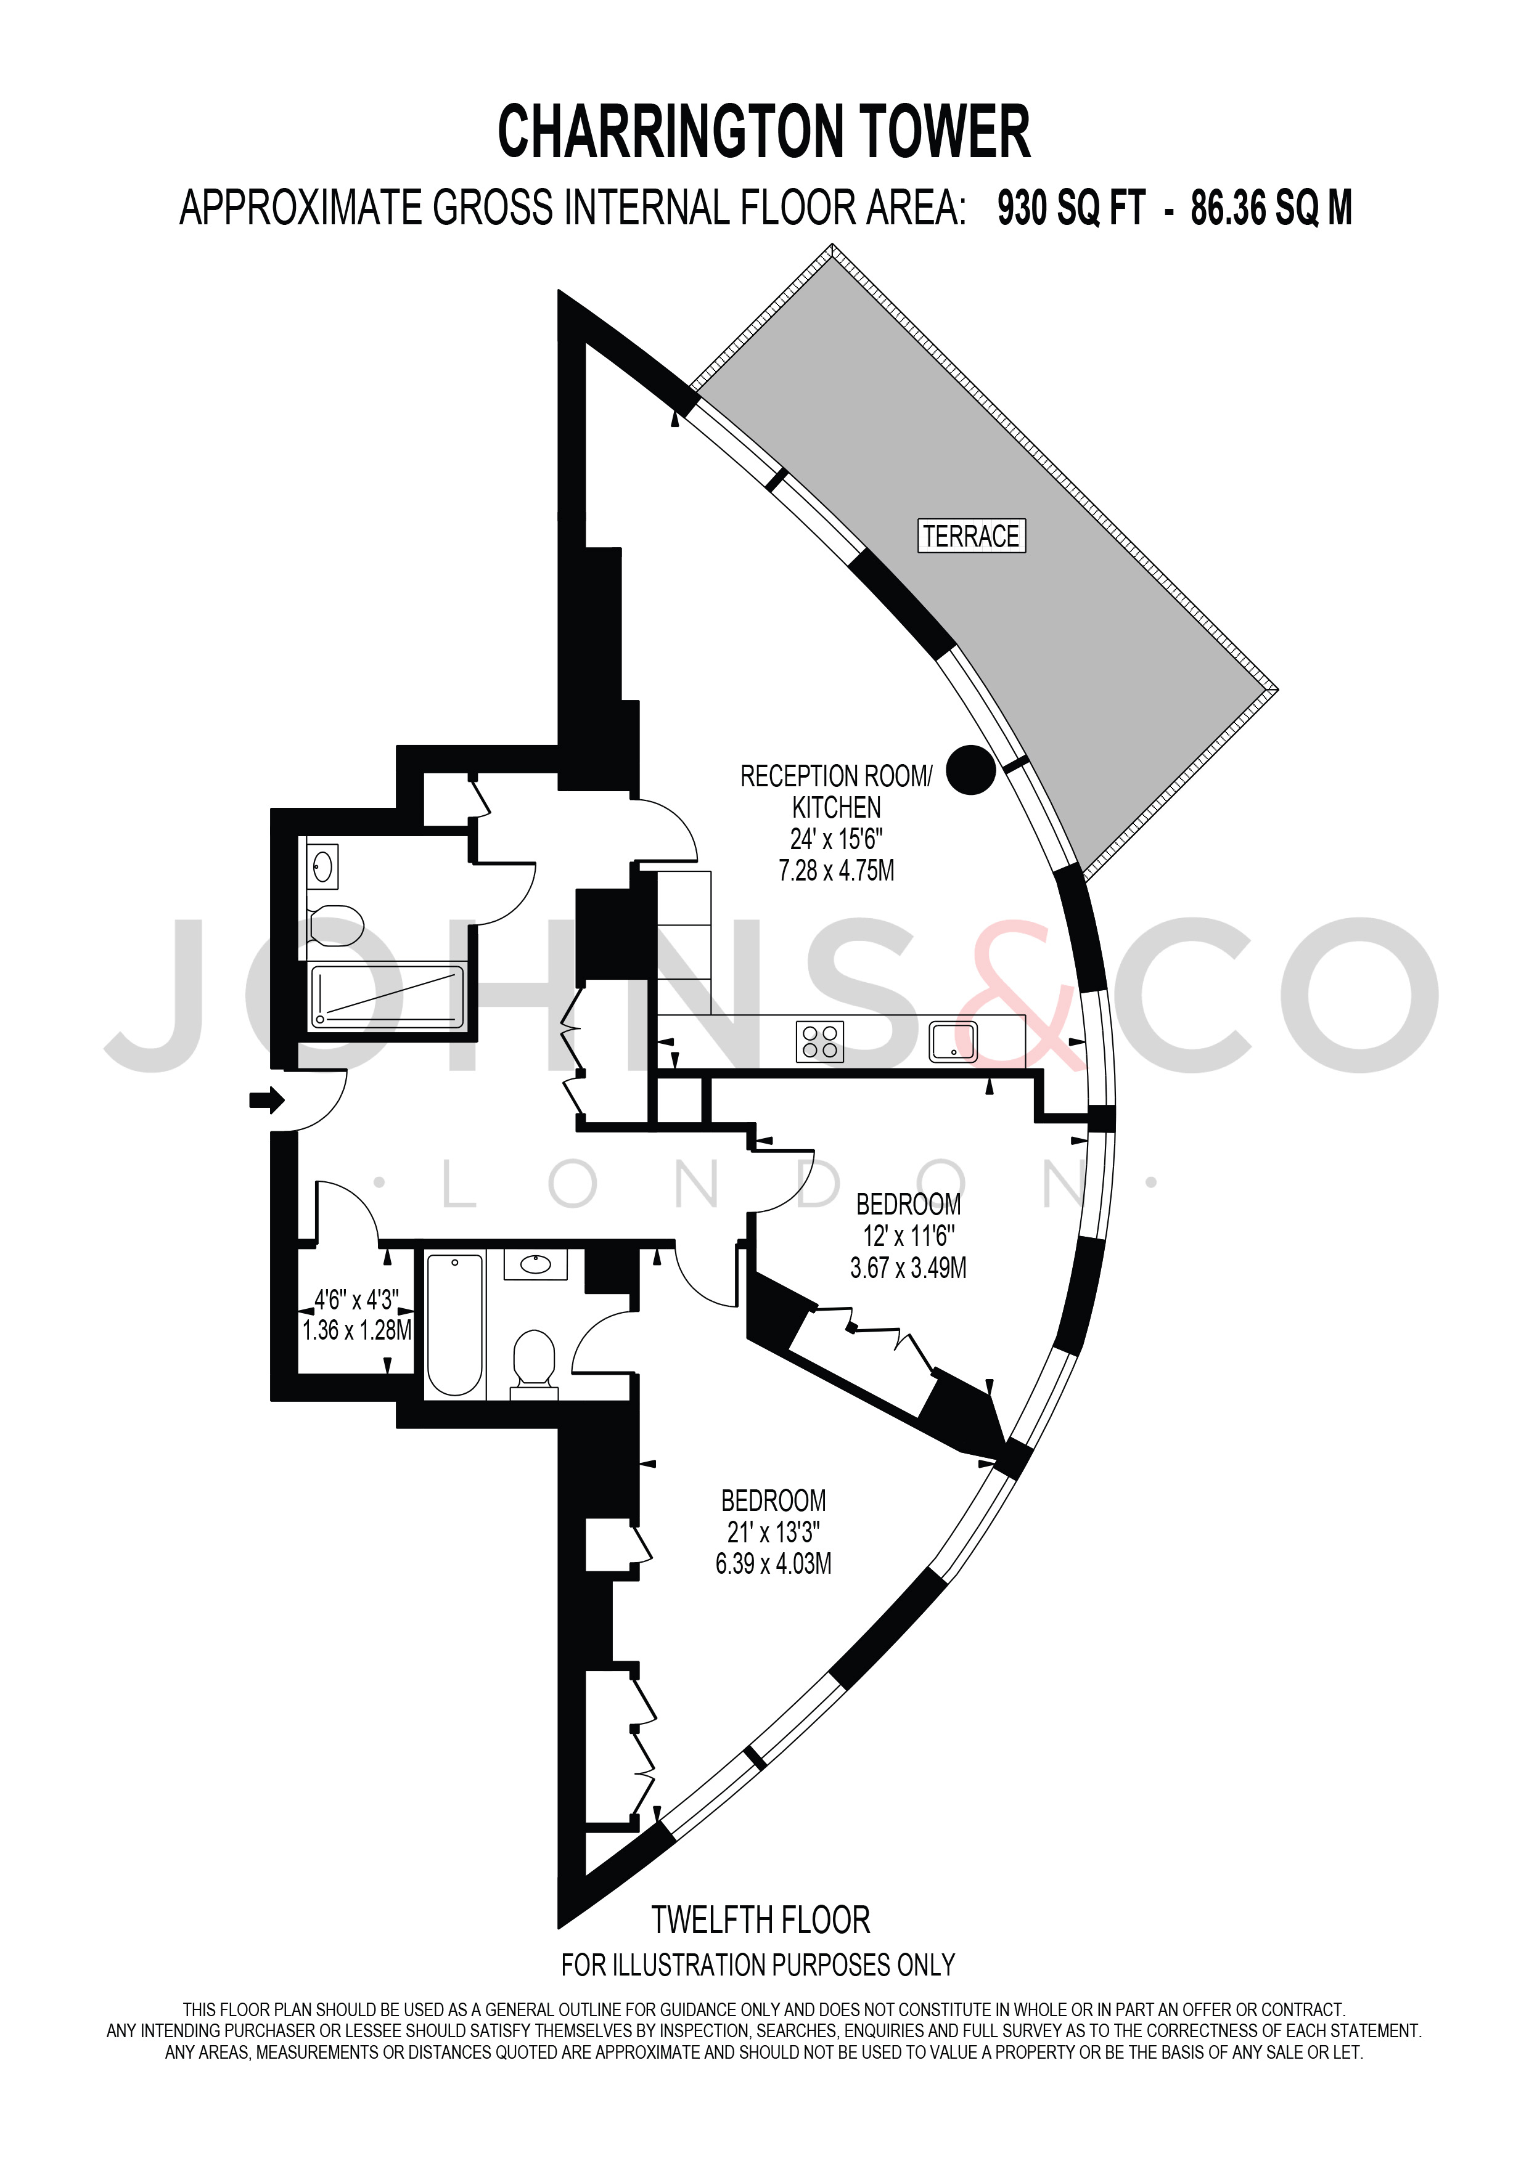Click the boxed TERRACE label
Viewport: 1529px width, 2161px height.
click(x=970, y=537)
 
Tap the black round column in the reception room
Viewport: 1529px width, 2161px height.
click(x=970, y=769)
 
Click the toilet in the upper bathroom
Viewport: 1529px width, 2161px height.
click(x=335, y=925)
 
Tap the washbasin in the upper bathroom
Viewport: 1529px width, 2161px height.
click(x=322, y=866)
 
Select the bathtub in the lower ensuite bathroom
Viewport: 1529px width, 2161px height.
click(x=456, y=1325)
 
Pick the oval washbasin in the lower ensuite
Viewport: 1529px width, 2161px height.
click(x=536, y=1264)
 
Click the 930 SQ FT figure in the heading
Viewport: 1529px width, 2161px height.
click(x=1072, y=208)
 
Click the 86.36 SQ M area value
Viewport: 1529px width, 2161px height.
click(x=1271, y=208)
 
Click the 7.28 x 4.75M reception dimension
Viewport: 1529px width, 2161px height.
click(x=836, y=871)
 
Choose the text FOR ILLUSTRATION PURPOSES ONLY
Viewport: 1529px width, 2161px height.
click(x=758, y=1964)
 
